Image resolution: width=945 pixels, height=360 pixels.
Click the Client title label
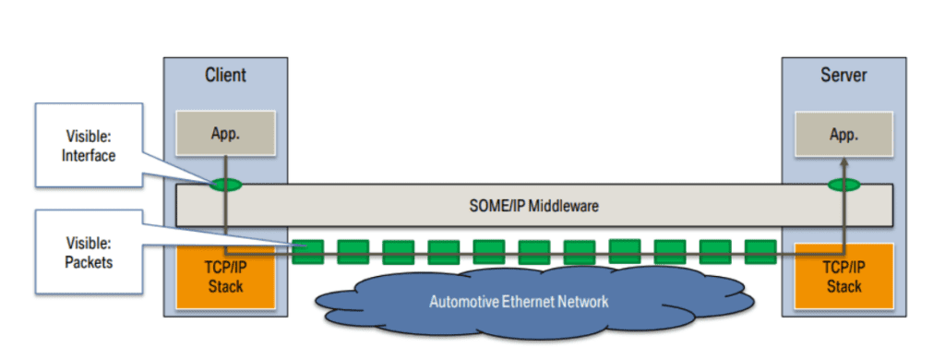(225, 75)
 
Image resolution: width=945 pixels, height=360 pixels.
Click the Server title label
(843, 75)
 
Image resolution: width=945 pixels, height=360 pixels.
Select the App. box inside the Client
(225, 134)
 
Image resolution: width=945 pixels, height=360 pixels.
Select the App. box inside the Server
(843, 134)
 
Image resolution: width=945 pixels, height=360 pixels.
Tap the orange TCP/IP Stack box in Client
(225, 276)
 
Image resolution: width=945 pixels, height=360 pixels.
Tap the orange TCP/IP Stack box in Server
(843, 276)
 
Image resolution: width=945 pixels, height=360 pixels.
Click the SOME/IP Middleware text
(533, 206)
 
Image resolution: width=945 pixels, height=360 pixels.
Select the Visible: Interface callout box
(89, 146)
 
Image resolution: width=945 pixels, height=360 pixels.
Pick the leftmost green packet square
(307, 251)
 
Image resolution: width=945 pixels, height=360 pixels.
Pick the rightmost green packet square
(760, 251)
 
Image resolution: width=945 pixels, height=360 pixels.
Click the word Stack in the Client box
(225, 286)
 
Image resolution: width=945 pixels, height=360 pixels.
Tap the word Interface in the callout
(89, 156)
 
